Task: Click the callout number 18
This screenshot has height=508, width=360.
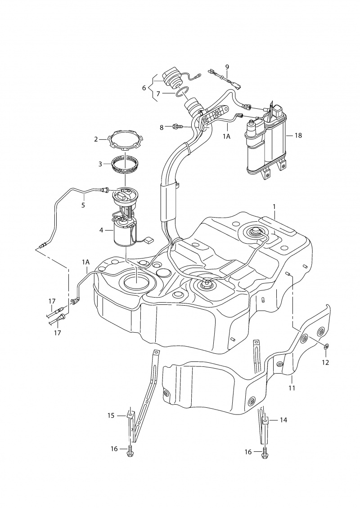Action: point(298,135)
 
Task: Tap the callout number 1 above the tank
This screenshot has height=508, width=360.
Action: point(274,206)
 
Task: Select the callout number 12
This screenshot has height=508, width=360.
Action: point(325,362)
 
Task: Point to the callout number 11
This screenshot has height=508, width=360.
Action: point(292,388)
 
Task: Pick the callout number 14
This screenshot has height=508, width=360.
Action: point(283,420)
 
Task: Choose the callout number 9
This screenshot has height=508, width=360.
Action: point(227,67)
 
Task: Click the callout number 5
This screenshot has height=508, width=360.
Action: point(83,205)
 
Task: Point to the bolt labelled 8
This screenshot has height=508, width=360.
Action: point(177,127)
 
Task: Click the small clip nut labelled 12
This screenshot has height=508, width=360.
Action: point(326,346)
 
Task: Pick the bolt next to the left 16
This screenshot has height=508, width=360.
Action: point(130,450)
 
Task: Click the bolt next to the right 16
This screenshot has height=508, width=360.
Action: point(265,453)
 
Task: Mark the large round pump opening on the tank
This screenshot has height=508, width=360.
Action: point(135,282)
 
